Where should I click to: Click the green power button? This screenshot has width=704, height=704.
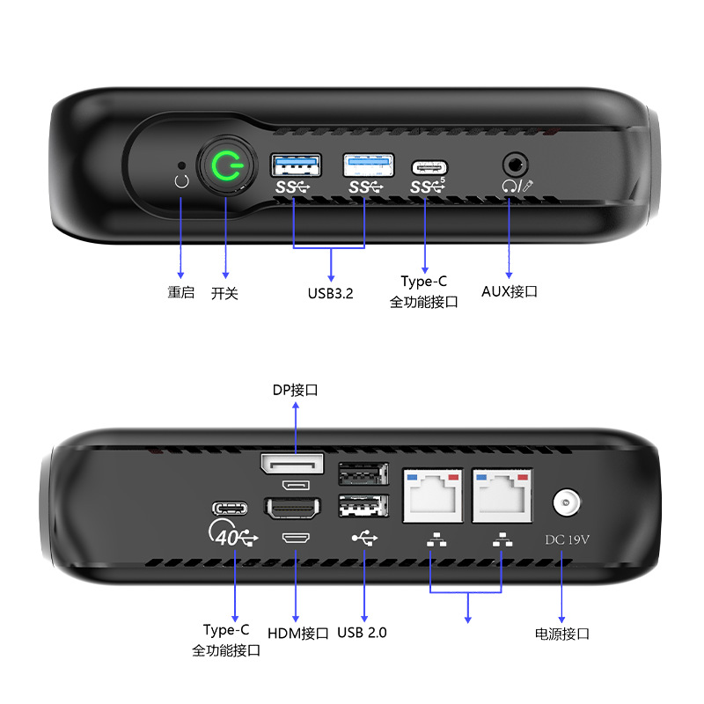point(227,165)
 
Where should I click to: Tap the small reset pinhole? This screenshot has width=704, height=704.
point(181,165)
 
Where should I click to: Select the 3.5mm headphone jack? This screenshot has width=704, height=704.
point(515,165)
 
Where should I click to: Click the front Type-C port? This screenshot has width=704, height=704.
point(429,168)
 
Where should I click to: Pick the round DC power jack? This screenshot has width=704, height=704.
point(566,502)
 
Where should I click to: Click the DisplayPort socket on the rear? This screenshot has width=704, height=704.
point(292,464)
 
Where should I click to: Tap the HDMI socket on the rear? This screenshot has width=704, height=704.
point(293,509)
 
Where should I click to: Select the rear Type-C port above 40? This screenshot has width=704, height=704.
point(230,509)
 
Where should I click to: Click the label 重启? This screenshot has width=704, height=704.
point(181,292)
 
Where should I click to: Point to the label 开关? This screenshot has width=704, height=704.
point(224,293)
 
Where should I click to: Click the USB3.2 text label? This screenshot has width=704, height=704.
point(331,293)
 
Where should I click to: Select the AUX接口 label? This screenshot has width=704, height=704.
point(510,291)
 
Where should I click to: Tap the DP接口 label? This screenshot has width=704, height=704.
point(296,390)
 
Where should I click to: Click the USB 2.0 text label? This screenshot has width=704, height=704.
point(362,633)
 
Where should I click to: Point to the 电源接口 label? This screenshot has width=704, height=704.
point(562,634)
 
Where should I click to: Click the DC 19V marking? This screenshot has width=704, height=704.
point(567,539)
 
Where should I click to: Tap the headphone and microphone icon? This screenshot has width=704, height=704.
point(517,186)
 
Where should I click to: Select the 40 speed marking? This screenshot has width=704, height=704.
point(227,538)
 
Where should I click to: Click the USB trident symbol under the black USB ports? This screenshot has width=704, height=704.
point(364,538)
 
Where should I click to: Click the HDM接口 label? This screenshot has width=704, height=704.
point(298,634)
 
